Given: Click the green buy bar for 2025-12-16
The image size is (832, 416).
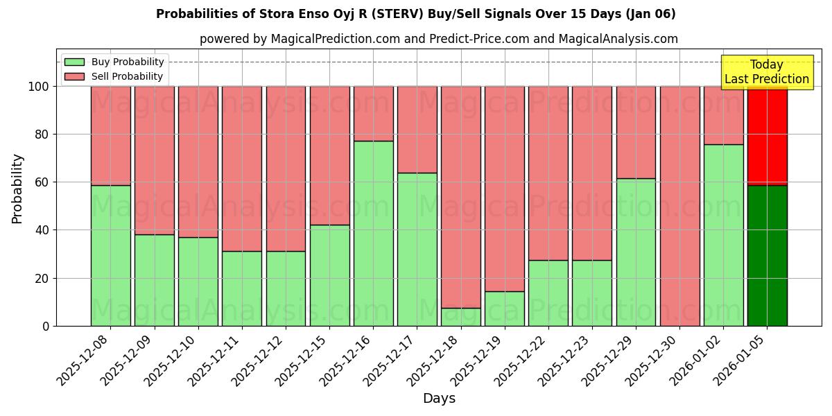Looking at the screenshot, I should click(373, 233).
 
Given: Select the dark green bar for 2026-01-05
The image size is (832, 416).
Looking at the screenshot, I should click(767, 255).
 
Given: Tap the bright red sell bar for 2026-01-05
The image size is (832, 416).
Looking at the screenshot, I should click(767, 136).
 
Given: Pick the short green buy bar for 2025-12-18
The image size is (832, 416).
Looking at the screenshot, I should click(460, 317).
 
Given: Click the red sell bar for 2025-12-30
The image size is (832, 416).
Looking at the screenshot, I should click(679, 206).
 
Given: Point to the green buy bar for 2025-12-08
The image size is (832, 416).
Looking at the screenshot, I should click(110, 255).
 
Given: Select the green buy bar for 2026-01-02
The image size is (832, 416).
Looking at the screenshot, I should click(723, 235).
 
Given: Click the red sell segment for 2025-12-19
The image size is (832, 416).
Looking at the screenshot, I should click(504, 189).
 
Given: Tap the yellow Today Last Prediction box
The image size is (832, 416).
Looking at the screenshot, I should click(767, 72).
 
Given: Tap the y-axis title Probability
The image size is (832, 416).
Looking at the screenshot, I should click(17, 188).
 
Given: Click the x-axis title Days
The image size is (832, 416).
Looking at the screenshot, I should click(439, 399).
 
